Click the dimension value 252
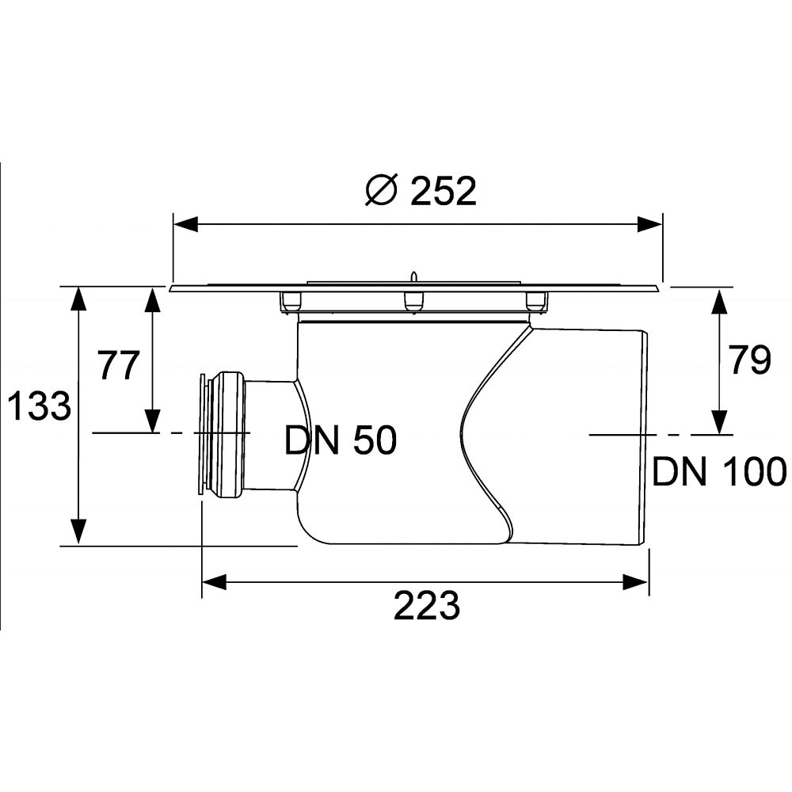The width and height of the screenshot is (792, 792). [444, 191]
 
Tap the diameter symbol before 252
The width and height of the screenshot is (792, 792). [381, 191]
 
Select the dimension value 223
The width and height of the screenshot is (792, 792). [426, 607]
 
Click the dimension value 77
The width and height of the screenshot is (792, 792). [119, 365]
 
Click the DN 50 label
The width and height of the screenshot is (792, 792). [341, 441]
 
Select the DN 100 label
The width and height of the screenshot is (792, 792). [719, 472]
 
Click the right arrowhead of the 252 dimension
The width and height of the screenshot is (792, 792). [649, 224]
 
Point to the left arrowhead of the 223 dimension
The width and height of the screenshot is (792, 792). [215, 582]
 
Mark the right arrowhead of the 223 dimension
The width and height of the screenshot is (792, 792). [637, 582]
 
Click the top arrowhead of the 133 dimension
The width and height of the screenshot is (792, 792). [78, 299]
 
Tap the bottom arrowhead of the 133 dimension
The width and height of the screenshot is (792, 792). [78, 531]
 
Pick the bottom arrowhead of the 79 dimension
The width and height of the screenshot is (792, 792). [719, 421]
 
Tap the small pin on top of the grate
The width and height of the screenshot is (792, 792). [413, 276]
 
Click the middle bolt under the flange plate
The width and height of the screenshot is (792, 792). [413, 301]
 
